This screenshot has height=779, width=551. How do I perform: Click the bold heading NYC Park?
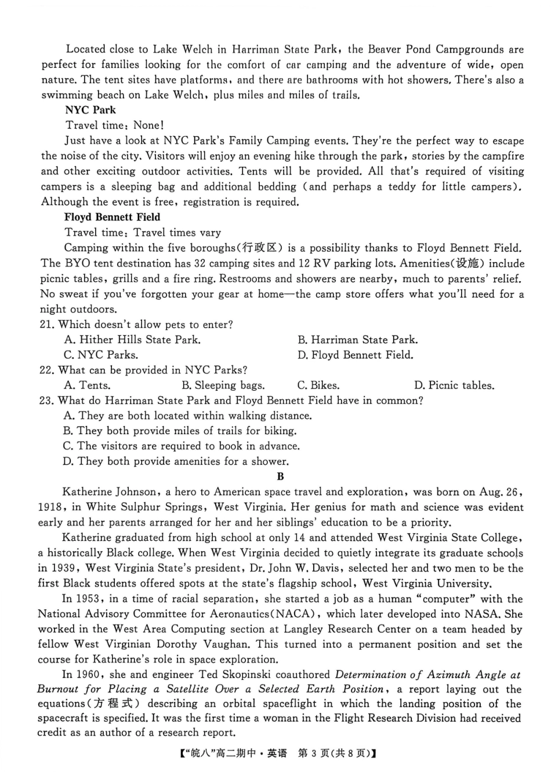pyautogui.click(x=90, y=110)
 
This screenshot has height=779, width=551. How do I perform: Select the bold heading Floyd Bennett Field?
pyautogui.click(x=112, y=217)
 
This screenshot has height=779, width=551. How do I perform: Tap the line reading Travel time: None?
pyautogui.click(x=114, y=125)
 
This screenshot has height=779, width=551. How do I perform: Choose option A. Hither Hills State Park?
pyautogui.click(x=132, y=340)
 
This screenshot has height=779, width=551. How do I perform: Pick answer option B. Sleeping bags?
pyautogui.click(x=223, y=385)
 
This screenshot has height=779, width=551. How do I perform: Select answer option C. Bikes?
pyautogui.click(x=318, y=385)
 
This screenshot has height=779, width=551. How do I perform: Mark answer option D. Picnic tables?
pyautogui.click(x=454, y=385)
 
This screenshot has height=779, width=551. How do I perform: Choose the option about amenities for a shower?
pyautogui.click(x=176, y=461)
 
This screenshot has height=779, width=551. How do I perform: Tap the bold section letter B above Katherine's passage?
pyautogui.click(x=281, y=476)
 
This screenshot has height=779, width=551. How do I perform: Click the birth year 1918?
pyautogui.click(x=51, y=507)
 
